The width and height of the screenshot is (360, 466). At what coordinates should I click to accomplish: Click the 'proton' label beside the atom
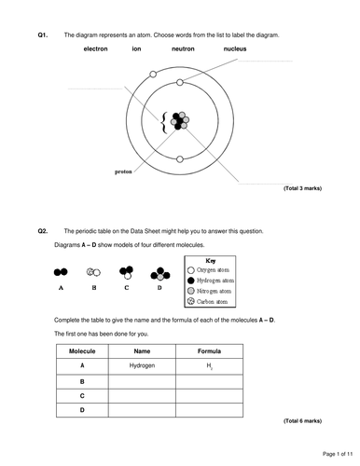[x=123, y=171]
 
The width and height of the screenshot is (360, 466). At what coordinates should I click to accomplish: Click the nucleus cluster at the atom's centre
[x=180, y=122]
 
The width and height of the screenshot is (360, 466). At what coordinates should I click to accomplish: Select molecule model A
[x=61, y=272]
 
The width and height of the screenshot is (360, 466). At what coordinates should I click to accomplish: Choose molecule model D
[x=160, y=273]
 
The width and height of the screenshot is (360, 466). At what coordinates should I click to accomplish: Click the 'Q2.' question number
[x=43, y=230]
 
